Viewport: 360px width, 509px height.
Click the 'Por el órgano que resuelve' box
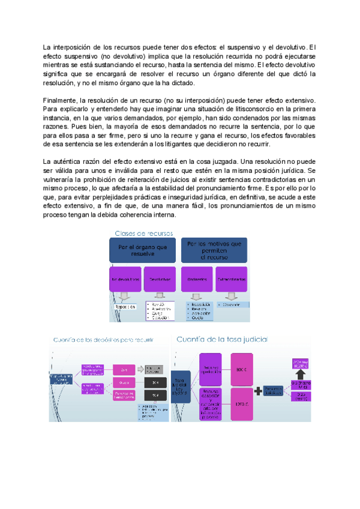[x=143, y=250]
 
